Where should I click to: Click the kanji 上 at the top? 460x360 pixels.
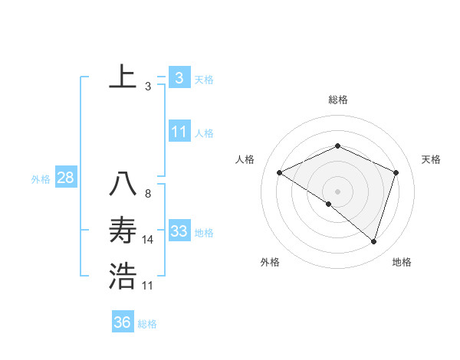123,77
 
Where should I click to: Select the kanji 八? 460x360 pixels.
123,184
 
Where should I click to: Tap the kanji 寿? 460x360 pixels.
123,230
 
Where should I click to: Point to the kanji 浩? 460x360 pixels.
123,276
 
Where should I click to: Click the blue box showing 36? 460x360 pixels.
123,322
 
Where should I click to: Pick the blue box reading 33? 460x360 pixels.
179,231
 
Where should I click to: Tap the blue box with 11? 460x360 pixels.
179,132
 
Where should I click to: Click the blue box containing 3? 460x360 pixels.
179,77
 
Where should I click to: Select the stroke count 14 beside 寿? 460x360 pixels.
148,240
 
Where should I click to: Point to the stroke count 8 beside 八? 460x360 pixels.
147,194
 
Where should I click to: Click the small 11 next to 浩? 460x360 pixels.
148,286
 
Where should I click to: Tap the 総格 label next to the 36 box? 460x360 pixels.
147,324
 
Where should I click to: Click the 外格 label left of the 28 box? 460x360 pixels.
41,179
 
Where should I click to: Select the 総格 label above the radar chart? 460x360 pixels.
337,100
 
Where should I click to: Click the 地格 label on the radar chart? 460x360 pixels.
402,262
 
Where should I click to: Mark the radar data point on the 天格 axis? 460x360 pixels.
396,172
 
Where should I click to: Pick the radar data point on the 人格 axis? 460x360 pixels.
280,172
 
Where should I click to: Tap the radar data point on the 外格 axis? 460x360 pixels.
329,204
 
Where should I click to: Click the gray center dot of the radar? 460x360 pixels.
337,191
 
